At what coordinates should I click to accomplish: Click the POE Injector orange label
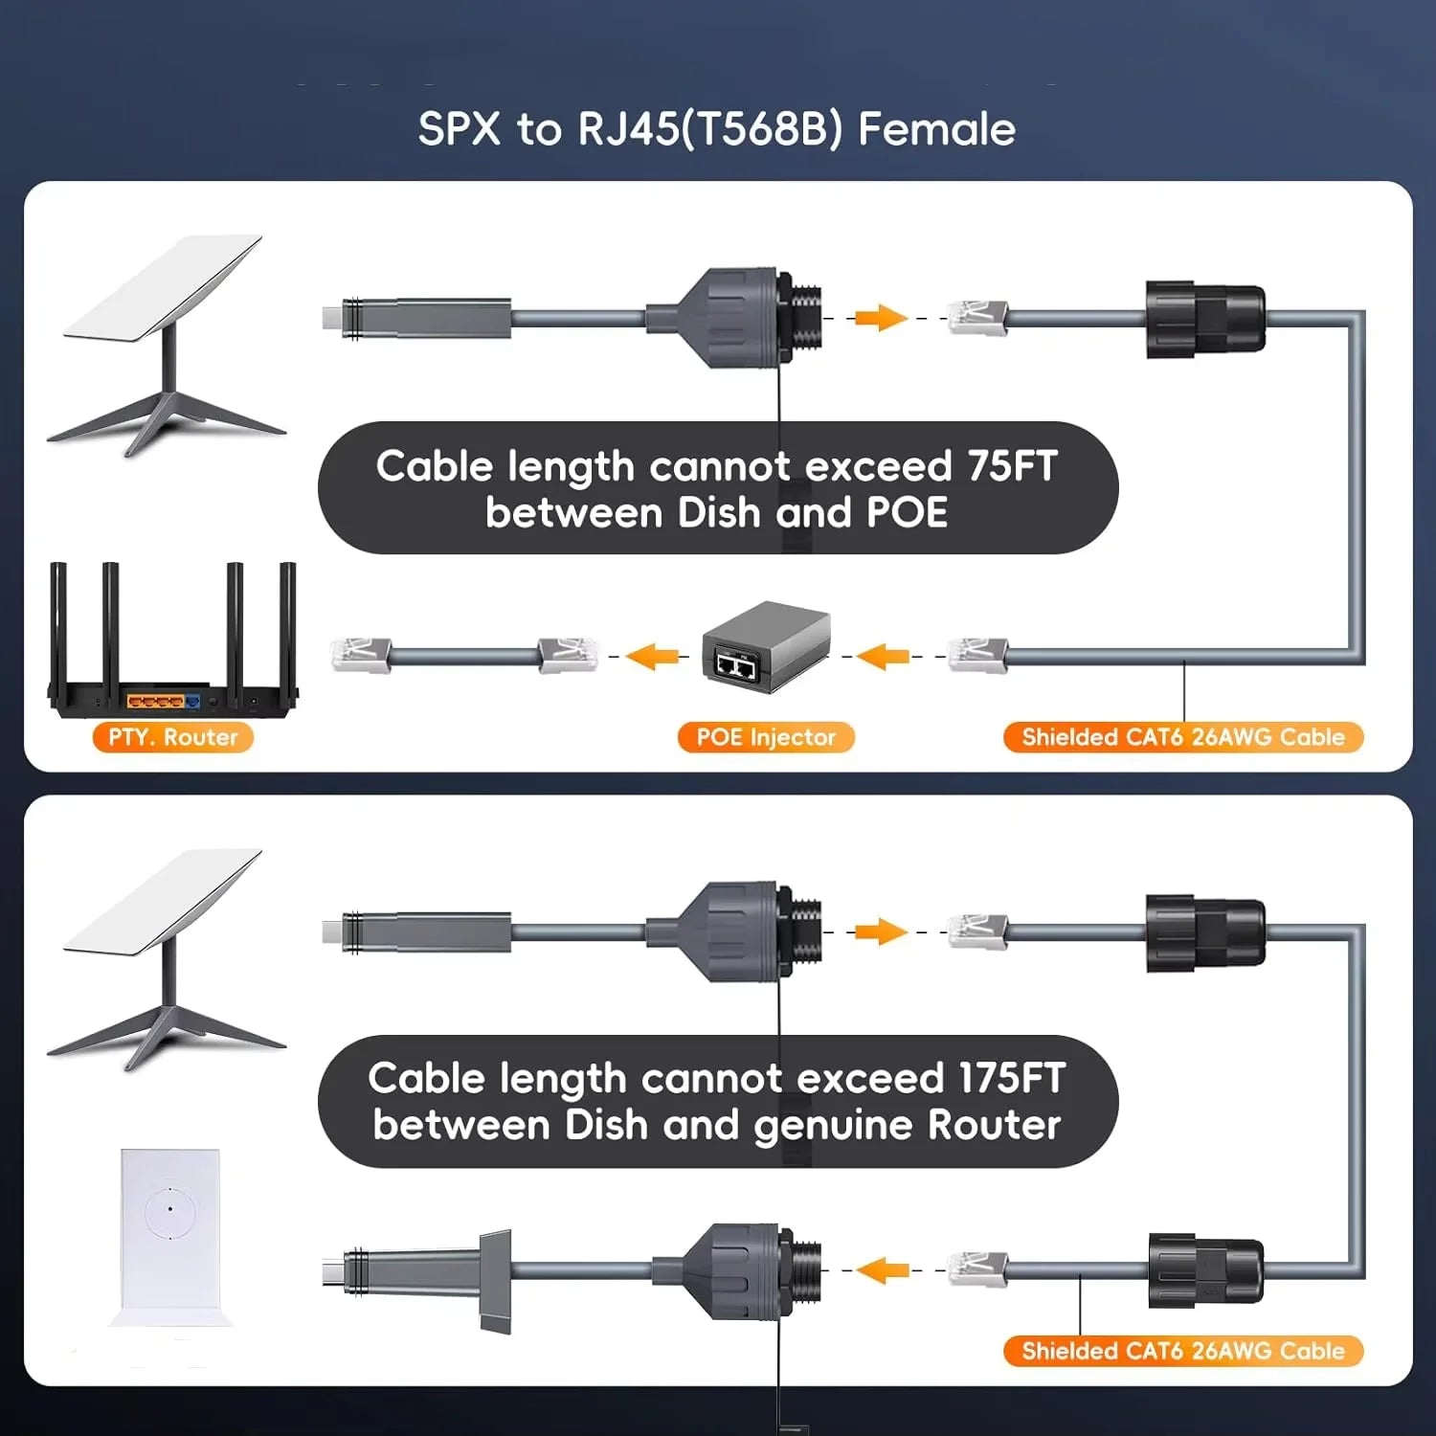(x=765, y=737)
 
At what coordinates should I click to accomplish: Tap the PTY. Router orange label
(x=172, y=737)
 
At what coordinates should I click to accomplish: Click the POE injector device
(x=765, y=646)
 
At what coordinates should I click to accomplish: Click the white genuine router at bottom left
(x=170, y=1235)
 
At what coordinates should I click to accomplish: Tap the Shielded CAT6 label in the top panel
(x=1182, y=737)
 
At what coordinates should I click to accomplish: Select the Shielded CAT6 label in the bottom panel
(x=1182, y=1351)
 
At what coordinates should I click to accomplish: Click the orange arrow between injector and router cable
(x=653, y=657)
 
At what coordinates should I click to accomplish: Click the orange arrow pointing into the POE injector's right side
(x=883, y=657)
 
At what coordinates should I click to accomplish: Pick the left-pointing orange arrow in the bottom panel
(x=883, y=1270)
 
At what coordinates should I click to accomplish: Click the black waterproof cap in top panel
(x=1205, y=320)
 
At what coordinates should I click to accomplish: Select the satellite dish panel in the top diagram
(x=163, y=287)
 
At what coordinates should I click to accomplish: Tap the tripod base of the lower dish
(x=168, y=1034)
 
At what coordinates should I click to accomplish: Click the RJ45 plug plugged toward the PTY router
(x=360, y=656)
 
